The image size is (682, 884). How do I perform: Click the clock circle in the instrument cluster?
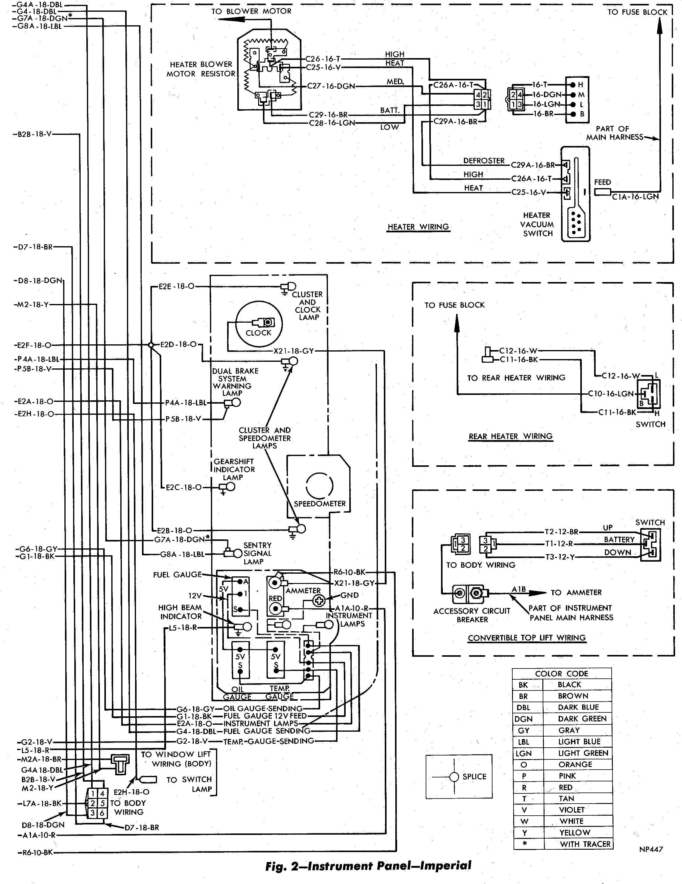(x=236, y=324)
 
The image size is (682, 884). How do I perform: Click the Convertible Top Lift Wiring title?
(x=527, y=637)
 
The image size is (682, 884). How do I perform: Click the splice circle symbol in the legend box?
(x=455, y=777)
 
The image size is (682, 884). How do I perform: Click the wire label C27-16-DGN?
(x=331, y=86)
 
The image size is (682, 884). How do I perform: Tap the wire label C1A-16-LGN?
(x=635, y=197)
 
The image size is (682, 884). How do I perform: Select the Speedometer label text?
(x=319, y=504)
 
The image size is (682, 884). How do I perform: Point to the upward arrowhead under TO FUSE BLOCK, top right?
(x=659, y=25)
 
